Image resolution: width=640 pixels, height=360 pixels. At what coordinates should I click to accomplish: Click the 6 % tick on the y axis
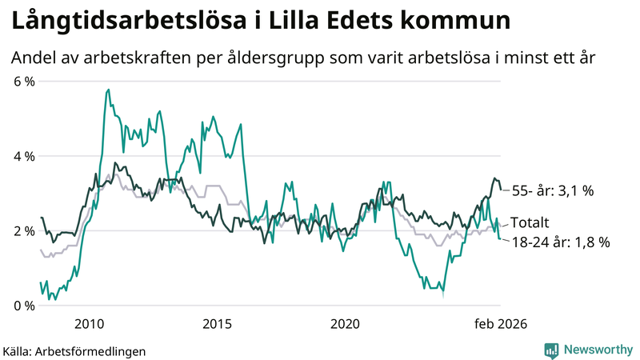click(x=24, y=82)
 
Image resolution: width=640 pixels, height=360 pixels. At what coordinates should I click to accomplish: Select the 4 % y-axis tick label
click(x=24, y=156)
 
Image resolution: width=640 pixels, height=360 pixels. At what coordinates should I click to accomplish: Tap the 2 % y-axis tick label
click(x=24, y=231)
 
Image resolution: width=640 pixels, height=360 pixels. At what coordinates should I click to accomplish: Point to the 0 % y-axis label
click(x=24, y=306)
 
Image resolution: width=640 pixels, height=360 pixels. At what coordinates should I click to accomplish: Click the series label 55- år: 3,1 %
click(x=551, y=191)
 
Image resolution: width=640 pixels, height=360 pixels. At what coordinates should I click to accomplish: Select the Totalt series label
click(x=530, y=222)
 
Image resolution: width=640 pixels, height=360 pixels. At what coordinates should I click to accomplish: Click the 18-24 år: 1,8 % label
click(x=559, y=242)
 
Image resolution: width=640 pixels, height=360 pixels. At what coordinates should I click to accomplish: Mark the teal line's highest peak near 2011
click(x=108, y=90)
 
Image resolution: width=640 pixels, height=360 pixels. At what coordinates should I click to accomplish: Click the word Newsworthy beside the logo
click(x=598, y=350)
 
